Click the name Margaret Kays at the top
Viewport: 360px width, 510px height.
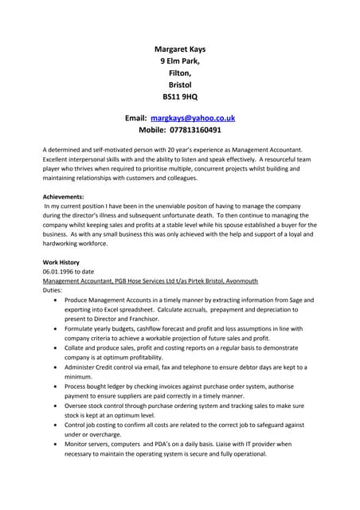pos(180,49)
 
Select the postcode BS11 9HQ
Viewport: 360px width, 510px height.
pos(180,96)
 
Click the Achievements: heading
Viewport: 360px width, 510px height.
pos(63,196)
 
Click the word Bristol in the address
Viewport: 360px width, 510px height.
pos(180,84)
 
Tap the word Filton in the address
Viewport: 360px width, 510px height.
pos(179,73)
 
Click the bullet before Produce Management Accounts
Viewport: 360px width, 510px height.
pos(54,300)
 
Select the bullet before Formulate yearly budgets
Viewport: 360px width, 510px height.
pos(54,329)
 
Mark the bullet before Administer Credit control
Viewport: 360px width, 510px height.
pos(54,367)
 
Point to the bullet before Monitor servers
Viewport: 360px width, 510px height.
pos(54,444)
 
